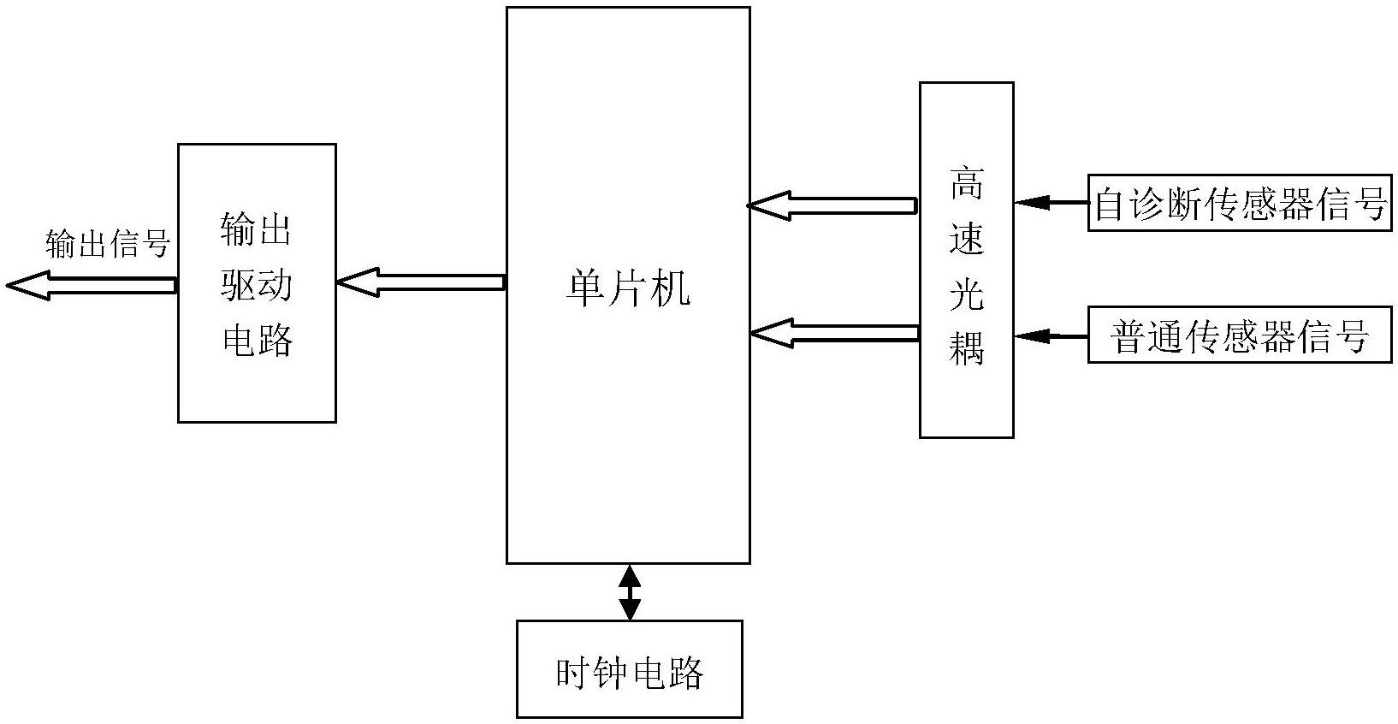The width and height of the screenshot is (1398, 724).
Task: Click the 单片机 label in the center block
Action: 628,288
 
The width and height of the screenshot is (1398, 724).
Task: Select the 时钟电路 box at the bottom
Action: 629,669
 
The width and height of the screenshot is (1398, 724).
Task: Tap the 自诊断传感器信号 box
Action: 1240,204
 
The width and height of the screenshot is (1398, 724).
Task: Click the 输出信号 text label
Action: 108,244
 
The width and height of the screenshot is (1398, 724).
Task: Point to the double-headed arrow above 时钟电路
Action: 630,591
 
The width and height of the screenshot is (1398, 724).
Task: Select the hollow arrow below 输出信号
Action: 91,285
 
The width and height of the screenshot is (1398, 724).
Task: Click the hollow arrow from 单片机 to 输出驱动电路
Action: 421,282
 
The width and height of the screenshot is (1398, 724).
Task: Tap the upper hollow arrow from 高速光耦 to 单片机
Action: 832,205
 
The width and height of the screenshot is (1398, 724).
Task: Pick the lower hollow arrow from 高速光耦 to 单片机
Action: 834,334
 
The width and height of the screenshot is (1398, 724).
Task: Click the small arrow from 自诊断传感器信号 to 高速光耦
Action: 1050,204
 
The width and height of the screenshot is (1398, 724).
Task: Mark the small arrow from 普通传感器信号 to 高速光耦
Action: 1050,336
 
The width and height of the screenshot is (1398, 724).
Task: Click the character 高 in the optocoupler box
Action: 967,185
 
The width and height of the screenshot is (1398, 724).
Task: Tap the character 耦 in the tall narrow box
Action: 967,349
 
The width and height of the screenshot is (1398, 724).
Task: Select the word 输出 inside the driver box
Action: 257,230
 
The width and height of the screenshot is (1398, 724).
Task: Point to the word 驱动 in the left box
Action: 257,285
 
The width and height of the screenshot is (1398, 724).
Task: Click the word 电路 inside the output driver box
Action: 257,340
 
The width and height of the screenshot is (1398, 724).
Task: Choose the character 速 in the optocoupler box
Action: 967,240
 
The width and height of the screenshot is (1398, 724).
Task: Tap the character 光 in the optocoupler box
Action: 967,294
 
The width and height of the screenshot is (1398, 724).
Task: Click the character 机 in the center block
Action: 671,288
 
